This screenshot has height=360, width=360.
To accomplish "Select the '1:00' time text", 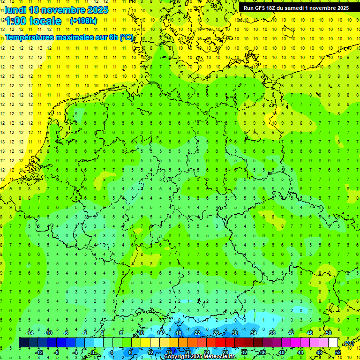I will pyautogui.click(x=15, y=21).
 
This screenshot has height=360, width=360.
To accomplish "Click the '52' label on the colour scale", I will pyautogui.click(x=338, y=352).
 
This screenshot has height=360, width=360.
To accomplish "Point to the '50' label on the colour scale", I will pyautogui.click(x=329, y=333).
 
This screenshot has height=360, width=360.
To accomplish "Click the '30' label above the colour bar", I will pyautogui.click(x=235, y=333).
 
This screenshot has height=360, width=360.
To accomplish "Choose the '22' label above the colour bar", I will pyautogui.click(x=197, y=333).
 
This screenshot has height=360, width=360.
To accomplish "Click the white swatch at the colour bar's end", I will pyautogui.click(x=333, y=343).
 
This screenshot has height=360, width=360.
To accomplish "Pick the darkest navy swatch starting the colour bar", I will pyautogui.click(x=23, y=343).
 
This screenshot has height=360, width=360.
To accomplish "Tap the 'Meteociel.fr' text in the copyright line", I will pyautogui.click(x=220, y=357).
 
